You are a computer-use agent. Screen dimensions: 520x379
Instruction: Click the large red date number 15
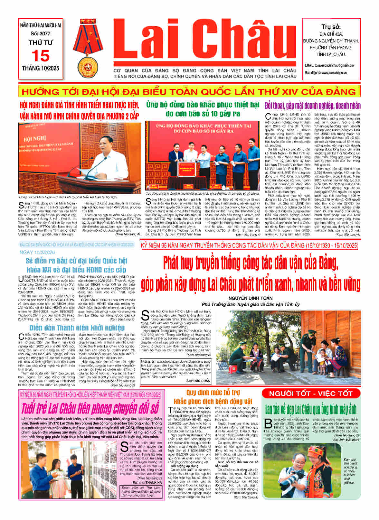pos(41,56)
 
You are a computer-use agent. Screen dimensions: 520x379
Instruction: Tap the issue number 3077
pos(41,33)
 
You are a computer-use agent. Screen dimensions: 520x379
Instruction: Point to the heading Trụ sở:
pos(331,27)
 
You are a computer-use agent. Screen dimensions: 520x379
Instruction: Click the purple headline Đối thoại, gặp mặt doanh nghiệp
pos(312,106)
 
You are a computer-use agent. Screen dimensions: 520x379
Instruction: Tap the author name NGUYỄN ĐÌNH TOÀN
pos(251,298)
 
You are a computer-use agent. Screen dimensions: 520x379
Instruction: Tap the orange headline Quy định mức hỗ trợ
pos(213,393)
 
